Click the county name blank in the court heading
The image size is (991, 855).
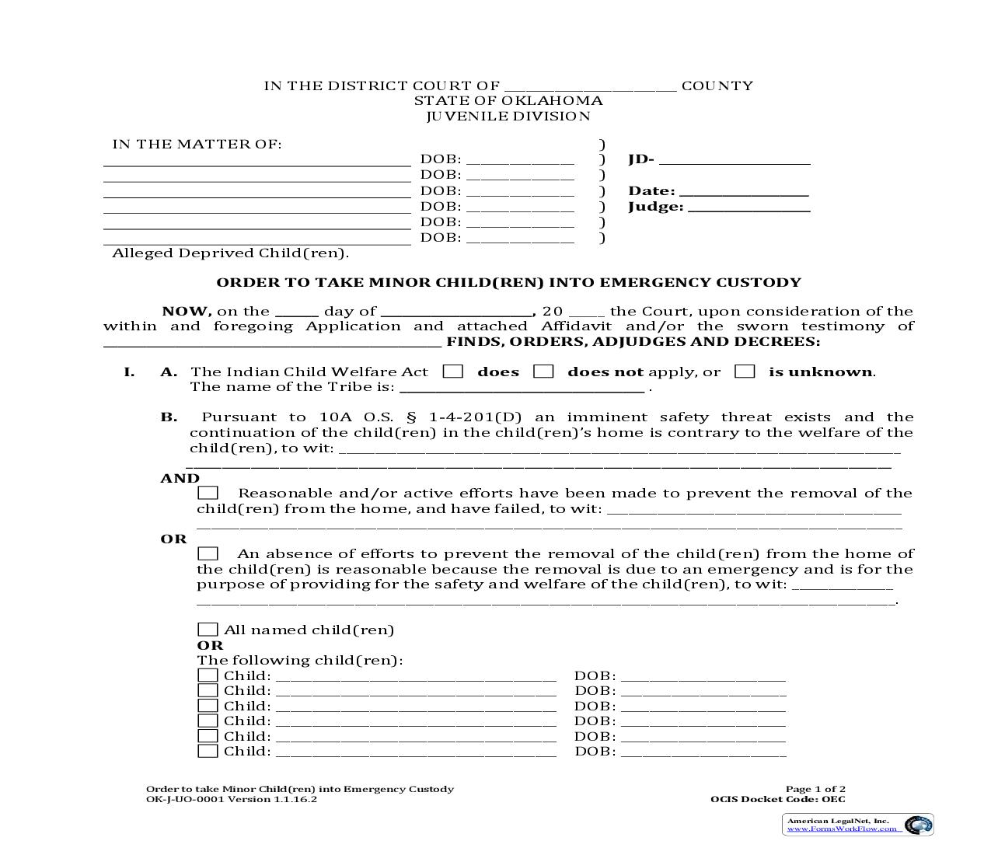pyautogui.click(x=590, y=87)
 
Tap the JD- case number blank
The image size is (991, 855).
pyautogui.click(x=735, y=161)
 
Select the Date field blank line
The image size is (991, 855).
pyautogui.click(x=744, y=192)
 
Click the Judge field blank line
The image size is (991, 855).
pyautogui.click(x=749, y=208)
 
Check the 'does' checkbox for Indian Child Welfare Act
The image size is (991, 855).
pyautogui.click(x=453, y=372)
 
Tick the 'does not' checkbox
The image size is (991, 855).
pyautogui.click(x=543, y=372)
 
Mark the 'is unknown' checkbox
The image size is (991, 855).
pyautogui.click(x=745, y=372)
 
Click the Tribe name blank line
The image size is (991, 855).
pyautogui.click(x=522, y=388)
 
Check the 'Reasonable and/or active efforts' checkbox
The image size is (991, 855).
pyautogui.click(x=208, y=493)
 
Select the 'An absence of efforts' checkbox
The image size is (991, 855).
pyautogui.click(x=208, y=553)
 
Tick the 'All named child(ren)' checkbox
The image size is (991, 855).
pyautogui.click(x=208, y=630)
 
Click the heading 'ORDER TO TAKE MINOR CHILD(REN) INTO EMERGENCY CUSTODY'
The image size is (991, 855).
pyautogui.click(x=508, y=282)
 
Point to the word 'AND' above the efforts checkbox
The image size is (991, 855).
pyautogui.click(x=180, y=478)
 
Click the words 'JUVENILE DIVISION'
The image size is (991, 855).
pyautogui.click(x=508, y=117)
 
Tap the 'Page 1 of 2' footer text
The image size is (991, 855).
pyautogui.click(x=815, y=789)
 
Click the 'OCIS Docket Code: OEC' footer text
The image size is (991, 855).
pyautogui.click(x=777, y=799)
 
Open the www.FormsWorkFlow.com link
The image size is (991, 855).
pyautogui.click(x=844, y=829)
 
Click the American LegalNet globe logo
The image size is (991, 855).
pyautogui.click(x=919, y=825)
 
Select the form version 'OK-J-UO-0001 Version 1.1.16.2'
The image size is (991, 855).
pyautogui.click(x=232, y=799)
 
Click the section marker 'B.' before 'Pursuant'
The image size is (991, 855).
pyautogui.click(x=169, y=417)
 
